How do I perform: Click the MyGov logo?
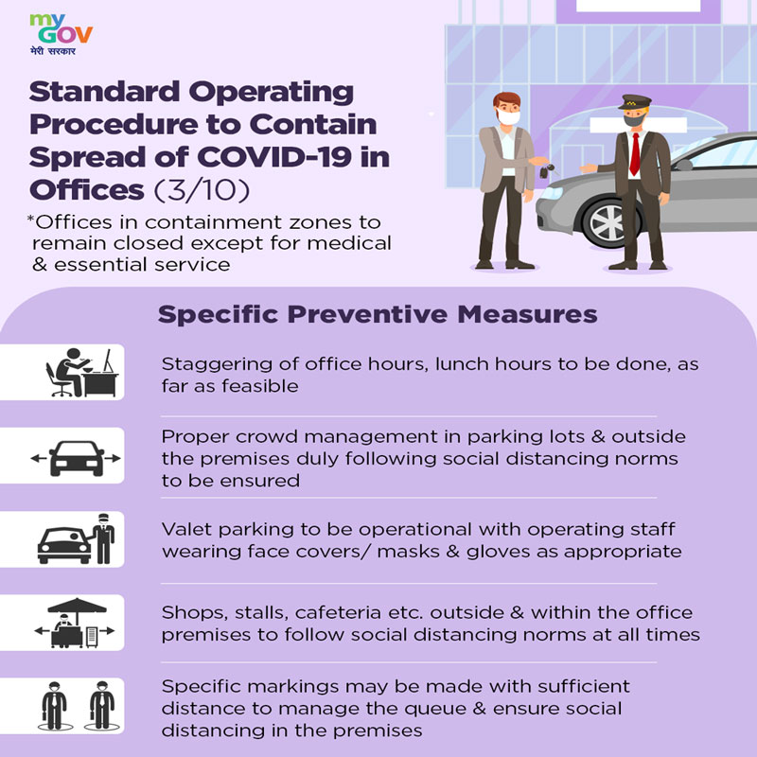click(x=61, y=34)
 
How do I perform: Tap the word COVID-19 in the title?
click(x=273, y=157)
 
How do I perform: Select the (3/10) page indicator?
click(x=202, y=190)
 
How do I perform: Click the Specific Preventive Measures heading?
click(x=378, y=314)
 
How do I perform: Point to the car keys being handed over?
click(x=548, y=170)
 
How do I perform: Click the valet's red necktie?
click(x=635, y=154)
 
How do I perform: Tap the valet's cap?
click(x=634, y=102)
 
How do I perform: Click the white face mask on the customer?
click(x=508, y=117)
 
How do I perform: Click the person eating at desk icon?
click(x=82, y=372)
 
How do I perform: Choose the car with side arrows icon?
click(x=76, y=458)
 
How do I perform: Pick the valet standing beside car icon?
click(x=77, y=538)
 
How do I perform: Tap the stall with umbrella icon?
click(x=76, y=623)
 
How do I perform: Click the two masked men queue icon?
click(x=79, y=706)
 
